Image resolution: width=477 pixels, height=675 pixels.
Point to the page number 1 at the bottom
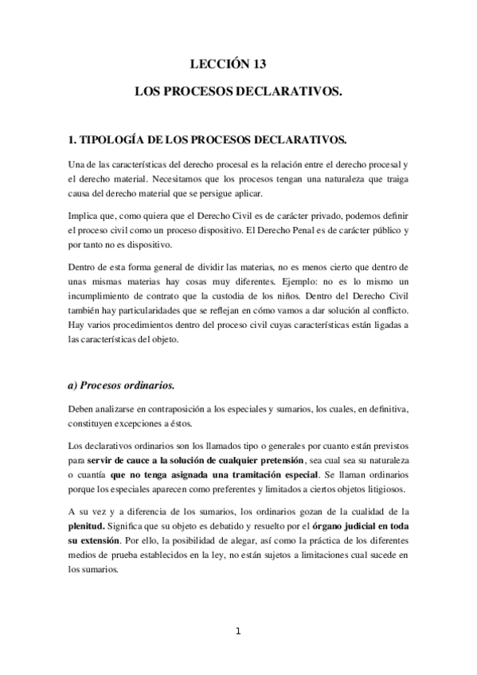tap(237, 632)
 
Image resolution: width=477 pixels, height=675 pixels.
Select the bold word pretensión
tap(277, 462)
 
